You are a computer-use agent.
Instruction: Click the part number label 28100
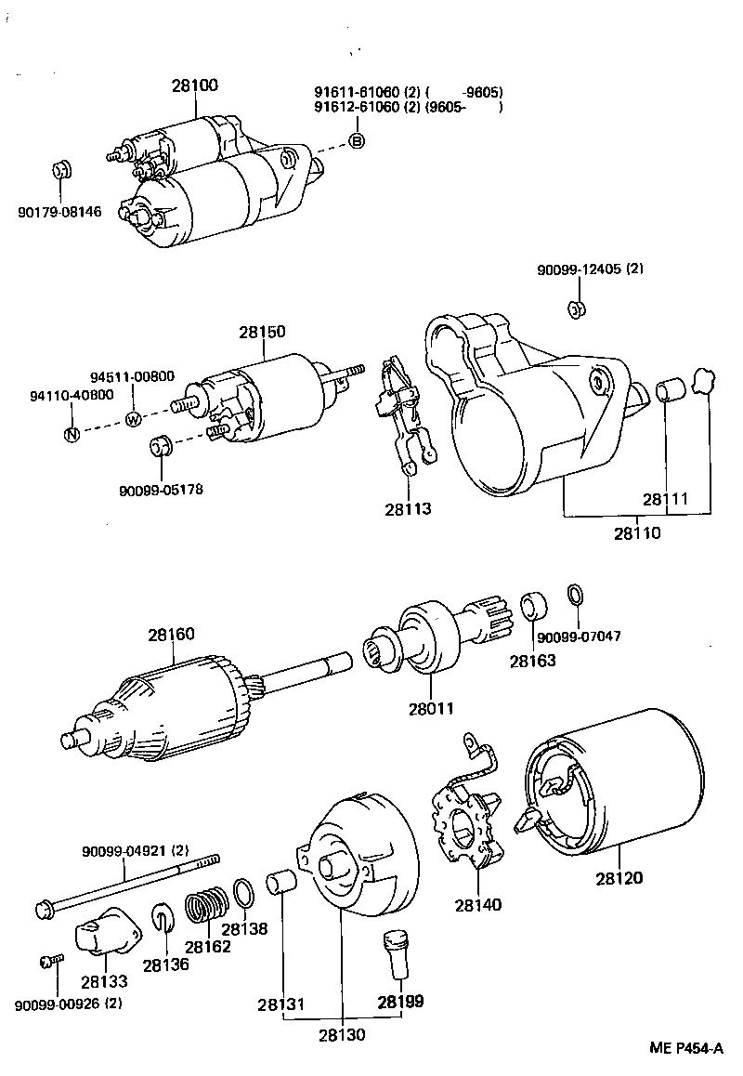tap(194, 85)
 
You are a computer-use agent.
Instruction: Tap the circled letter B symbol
tap(357, 141)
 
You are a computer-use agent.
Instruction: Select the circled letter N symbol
tap(71, 434)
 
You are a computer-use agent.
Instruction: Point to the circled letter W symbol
tap(133, 418)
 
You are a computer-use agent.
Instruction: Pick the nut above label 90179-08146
tap(61, 170)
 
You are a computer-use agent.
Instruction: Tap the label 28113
tap(408, 509)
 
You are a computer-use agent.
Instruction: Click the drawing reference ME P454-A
tap(685, 1048)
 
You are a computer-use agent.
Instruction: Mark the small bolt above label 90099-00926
tap(52, 961)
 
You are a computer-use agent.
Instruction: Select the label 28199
tap(400, 1002)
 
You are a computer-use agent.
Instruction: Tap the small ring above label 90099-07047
tap(574, 595)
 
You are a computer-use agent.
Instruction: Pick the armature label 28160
tap(171, 636)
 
